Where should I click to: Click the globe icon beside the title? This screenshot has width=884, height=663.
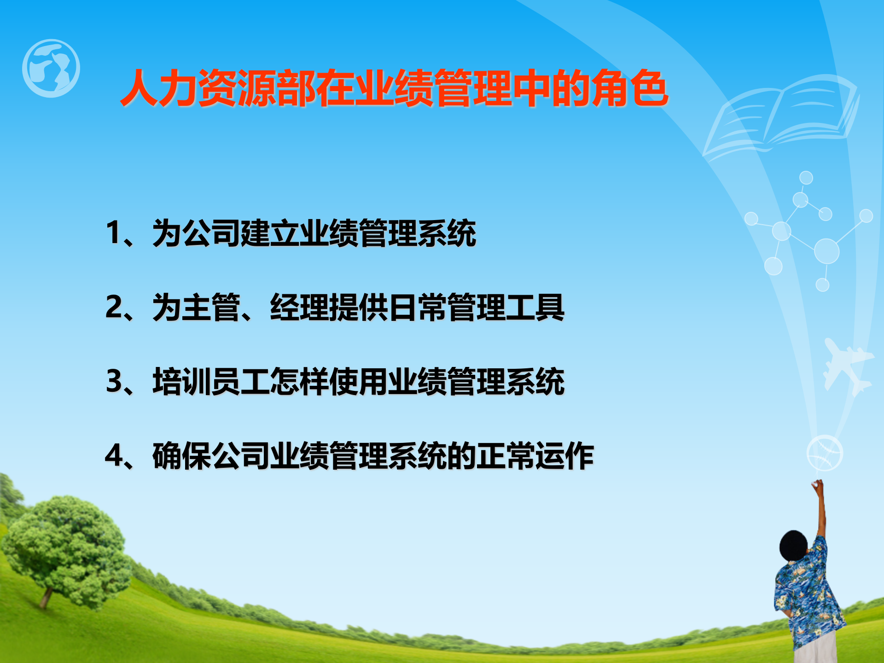(x=51, y=68)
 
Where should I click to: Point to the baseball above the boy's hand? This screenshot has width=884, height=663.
(x=825, y=453)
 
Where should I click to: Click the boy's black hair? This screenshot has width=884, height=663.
(x=793, y=546)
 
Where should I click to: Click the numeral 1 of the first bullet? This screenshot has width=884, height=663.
(x=113, y=233)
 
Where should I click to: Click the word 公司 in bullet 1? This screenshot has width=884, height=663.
(x=211, y=233)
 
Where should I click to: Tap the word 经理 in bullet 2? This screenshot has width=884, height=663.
(x=299, y=307)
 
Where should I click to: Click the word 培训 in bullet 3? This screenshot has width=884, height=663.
(x=182, y=382)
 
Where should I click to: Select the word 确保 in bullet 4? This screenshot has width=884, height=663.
(x=182, y=456)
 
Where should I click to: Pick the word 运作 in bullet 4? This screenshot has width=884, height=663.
(x=564, y=456)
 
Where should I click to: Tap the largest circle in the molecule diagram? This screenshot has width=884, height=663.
(x=826, y=251)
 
